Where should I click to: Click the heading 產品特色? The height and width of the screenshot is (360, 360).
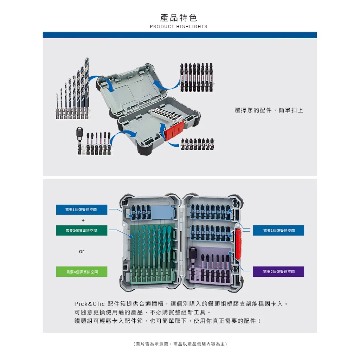point(179,18)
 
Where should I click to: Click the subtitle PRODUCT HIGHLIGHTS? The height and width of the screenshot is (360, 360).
point(179,27)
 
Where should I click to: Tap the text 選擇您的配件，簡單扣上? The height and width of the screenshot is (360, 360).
point(269,110)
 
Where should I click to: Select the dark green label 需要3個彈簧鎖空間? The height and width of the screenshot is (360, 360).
point(82,231)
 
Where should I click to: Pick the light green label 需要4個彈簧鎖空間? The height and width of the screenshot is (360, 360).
point(82,272)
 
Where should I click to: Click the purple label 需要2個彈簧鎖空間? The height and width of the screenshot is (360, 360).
point(278,272)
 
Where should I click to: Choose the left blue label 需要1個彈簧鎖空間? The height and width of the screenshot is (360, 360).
point(82,210)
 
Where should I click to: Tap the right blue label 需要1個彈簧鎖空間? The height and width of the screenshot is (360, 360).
point(278,230)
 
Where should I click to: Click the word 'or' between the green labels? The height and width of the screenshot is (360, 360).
point(82,251)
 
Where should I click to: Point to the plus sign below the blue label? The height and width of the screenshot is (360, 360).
point(83,220)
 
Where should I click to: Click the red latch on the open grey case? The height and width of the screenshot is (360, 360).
point(174,131)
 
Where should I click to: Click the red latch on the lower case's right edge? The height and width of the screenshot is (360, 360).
point(238,243)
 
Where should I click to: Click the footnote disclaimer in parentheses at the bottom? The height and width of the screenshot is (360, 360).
point(180,344)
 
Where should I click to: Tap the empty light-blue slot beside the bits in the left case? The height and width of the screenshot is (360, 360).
point(162,212)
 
